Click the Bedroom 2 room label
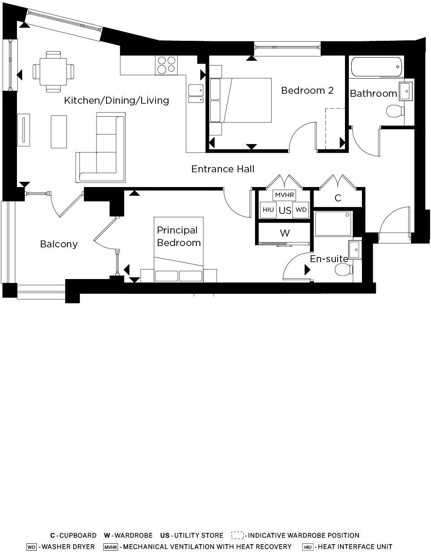[x=307, y=90]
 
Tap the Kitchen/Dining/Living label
[x=116, y=100]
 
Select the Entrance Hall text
[x=222, y=169]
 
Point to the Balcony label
[x=59, y=244]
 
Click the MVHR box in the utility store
[x=285, y=195]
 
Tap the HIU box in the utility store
[x=268, y=210]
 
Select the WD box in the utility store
[x=301, y=210]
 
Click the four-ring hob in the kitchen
[x=166, y=65]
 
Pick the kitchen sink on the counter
[x=196, y=93]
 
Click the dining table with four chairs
[x=53, y=72]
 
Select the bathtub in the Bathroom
[x=376, y=67]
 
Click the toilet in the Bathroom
[x=395, y=111]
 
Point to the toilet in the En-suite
[x=344, y=271]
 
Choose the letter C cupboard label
[x=338, y=198]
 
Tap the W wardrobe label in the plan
[x=285, y=233]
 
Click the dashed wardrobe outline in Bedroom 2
[x=335, y=128]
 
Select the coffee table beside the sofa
[x=59, y=131]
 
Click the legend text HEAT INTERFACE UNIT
[x=354, y=547]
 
